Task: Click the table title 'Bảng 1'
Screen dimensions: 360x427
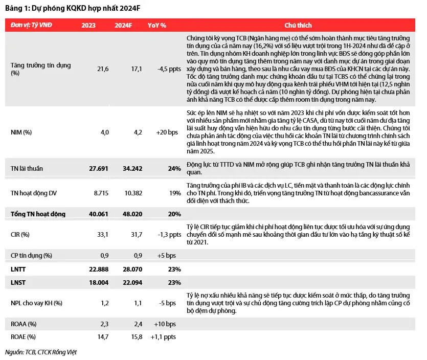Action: pos(18,8)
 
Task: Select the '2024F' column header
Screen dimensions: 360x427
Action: pos(124,25)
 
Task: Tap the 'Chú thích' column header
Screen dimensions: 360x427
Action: pos(298,25)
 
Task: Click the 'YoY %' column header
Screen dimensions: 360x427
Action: pos(156,25)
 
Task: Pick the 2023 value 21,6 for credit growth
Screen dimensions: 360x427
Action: pos(103,69)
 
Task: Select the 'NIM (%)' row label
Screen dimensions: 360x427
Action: pos(21,132)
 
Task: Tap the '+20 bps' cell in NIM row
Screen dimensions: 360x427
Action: pos(167,132)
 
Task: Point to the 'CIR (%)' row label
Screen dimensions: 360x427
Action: pos(20,235)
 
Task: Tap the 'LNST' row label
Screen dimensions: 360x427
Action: pos(18,283)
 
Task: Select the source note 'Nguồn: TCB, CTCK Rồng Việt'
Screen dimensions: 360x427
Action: pos(41,352)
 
